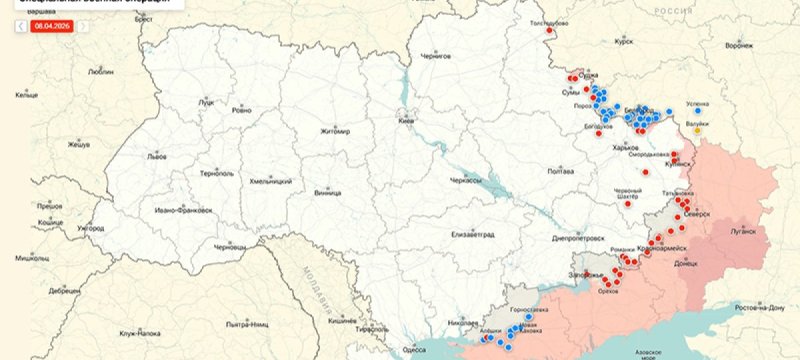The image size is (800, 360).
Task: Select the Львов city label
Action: coord(157,156)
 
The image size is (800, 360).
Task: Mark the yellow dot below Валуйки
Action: coord(698,129)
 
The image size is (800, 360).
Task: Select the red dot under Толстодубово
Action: coord(548,31)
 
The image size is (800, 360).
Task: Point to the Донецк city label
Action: coord(687,264)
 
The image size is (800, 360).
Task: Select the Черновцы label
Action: coord(229,245)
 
